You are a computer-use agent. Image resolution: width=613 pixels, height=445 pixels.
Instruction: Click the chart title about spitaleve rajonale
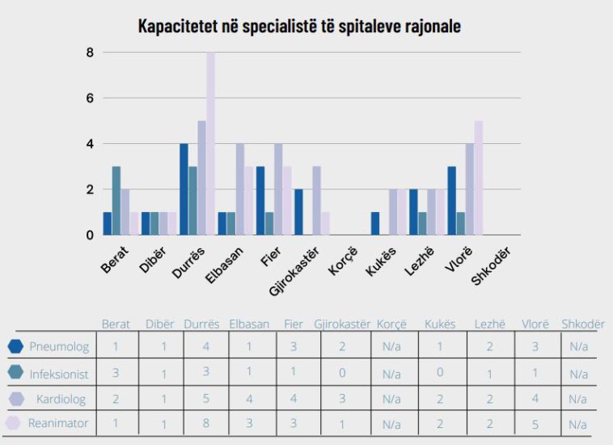(x=299, y=26)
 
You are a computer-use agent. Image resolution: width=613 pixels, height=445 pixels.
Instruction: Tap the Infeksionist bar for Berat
(x=116, y=201)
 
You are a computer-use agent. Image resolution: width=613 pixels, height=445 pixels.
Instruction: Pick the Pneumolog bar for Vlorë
(x=452, y=201)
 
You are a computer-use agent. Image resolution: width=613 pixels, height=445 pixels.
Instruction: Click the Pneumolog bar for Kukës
(x=376, y=223)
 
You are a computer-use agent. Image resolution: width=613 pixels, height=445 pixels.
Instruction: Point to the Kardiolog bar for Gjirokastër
(x=317, y=201)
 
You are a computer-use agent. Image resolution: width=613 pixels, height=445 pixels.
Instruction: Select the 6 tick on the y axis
(x=90, y=98)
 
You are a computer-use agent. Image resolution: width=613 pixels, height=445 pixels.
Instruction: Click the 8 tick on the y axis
(x=90, y=53)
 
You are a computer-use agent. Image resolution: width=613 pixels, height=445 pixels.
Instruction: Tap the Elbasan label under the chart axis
(x=221, y=262)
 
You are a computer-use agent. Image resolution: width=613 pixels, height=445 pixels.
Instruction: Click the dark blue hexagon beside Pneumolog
(x=15, y=347)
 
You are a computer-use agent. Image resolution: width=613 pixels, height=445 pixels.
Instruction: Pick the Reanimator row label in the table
(x=58, y=423)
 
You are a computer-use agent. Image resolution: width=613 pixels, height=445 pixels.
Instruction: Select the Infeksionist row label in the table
(x=59, y=375)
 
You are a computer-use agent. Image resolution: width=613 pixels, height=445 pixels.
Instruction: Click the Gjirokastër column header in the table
(x=342, y=324)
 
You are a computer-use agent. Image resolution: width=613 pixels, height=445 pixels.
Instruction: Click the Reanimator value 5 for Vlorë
(x=535, y=423)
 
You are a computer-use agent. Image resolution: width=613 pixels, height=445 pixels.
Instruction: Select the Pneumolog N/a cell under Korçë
(x=391, y=347)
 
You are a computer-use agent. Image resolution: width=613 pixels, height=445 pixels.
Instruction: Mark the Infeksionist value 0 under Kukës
(x=440, y=375)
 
